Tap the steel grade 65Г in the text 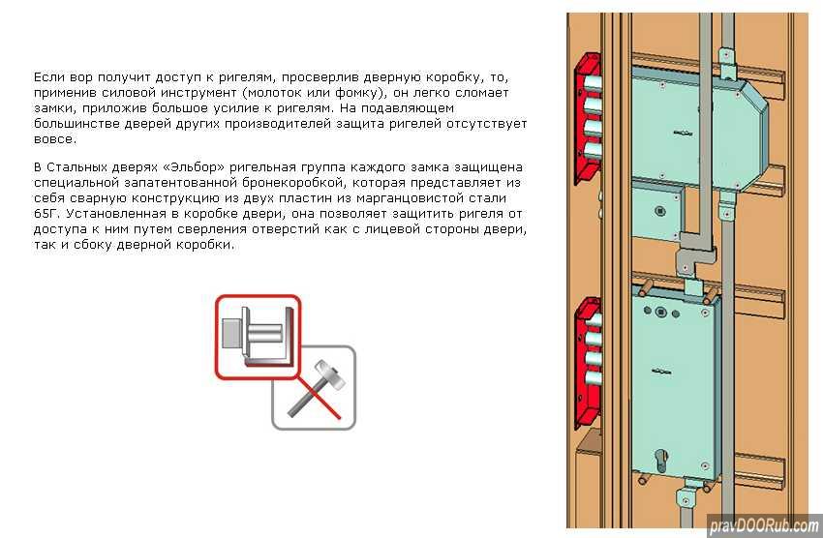[46, 214]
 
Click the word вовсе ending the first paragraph [54, 139]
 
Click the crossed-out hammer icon [314, 388]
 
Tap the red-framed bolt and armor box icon [259, 337]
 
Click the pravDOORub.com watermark [764, 524]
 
